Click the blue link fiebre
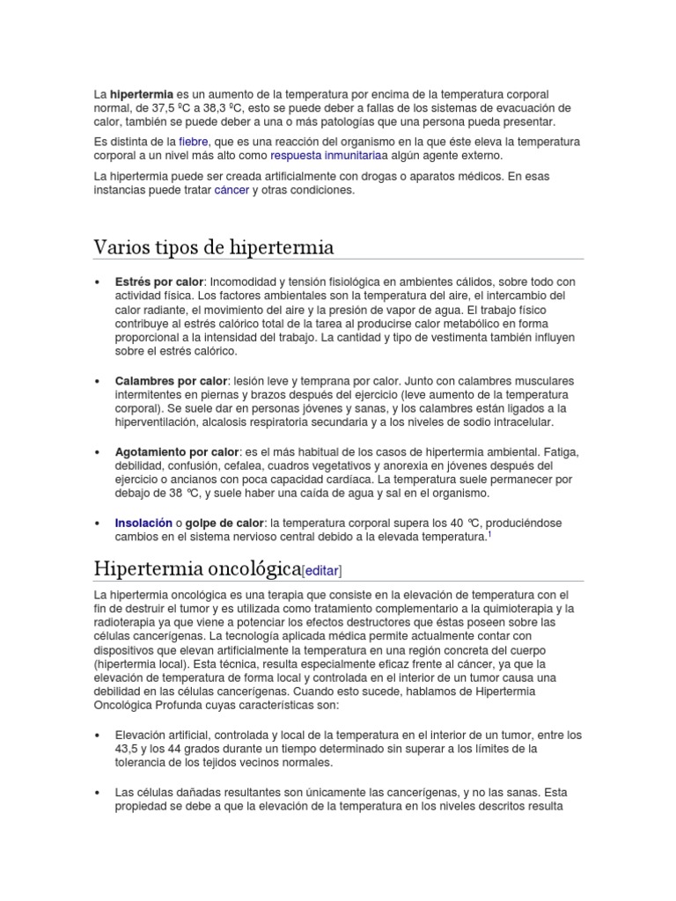pos(193,141)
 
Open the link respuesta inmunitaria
pos(312,155)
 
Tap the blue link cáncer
pos(231,190)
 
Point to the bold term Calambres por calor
pos(171,381)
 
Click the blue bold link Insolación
pos(143,522)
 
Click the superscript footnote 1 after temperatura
pos(489,532)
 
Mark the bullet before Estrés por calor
pos(97,282)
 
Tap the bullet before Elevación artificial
pos(97,735)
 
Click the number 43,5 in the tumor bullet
pos(129,749)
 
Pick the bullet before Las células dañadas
pos(97,791)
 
